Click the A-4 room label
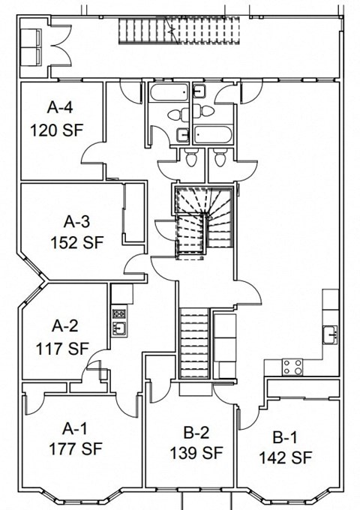(60, 107)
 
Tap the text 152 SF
(77, 243)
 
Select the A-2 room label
(65, 325)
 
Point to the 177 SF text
(76, 449)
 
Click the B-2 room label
(196, 433)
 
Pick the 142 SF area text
(285, 457)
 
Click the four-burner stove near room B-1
(292, 367)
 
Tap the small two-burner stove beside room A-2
(119, 313)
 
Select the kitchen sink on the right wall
(331, 334)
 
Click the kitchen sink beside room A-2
(119, 328)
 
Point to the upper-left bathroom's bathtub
(169, 92)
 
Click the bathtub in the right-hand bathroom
(213, 135)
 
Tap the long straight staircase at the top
(178, 31)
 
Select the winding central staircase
(204, 222)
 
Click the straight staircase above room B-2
(194, 343)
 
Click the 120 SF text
(57, 130)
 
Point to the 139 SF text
(196, 453)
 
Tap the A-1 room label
(75, 429)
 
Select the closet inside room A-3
(134, 213)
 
